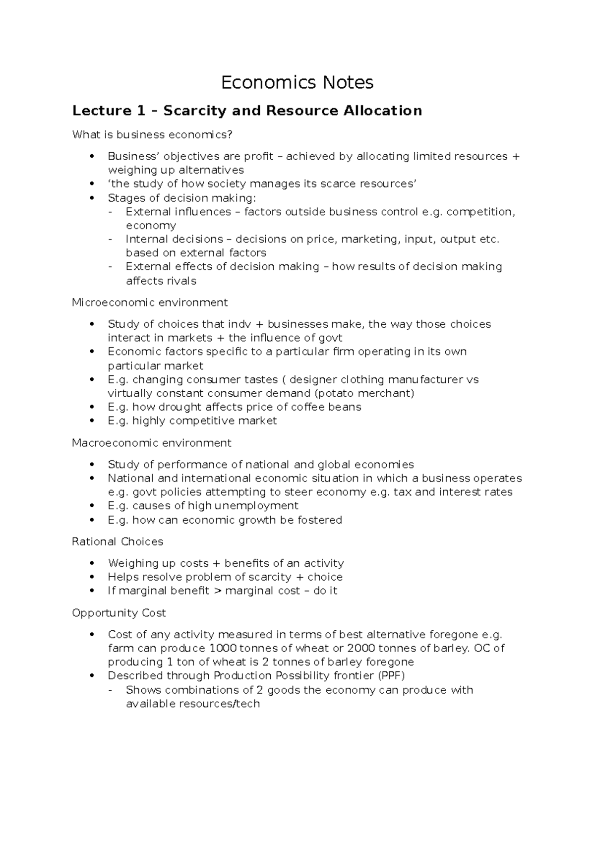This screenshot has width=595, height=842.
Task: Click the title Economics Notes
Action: (x=297, y=82)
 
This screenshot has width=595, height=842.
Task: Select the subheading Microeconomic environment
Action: (x=150, y=302)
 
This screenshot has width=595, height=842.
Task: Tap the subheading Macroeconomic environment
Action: (x=152, y=443)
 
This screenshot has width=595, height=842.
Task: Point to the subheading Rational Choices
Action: (x=118, y=541)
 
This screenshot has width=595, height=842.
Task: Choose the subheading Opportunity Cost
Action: (x=119, y=613)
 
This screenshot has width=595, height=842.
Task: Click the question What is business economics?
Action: (x=152, y=135)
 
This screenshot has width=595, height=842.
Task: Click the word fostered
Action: (x=320, y=520)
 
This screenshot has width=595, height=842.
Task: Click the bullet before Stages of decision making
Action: (x=91, y=198)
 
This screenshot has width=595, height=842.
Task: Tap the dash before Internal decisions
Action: (x=110, y=240)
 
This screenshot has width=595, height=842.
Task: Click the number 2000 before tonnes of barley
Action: (x=361, y=649)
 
